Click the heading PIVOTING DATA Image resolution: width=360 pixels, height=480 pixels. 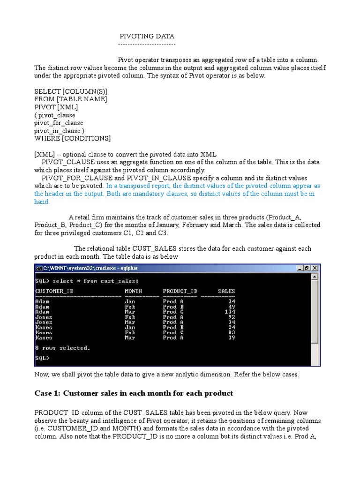tap(147, 36)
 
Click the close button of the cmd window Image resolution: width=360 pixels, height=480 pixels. tap(315, 268)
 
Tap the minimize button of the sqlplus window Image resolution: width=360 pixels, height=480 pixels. tap(300, 268)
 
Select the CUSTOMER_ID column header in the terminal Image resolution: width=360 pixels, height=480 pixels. tap(54, 291)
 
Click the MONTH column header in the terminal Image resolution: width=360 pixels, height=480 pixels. tap(133, 291)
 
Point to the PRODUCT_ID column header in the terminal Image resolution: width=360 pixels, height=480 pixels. tap(180, 291)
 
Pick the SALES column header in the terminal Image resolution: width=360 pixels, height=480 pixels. tap(226, 291)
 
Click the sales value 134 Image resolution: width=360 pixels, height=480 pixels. tap(230, 312)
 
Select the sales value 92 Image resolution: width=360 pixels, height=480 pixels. tap(232, 317)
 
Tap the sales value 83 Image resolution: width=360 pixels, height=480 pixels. tap(232, 332)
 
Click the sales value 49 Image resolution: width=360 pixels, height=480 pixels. tap(232, 307)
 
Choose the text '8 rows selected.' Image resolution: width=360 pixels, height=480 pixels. tap(62, 348)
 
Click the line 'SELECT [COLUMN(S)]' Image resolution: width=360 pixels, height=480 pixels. tap(71, 91)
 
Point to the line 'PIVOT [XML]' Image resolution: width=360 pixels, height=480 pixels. tap(56, 107)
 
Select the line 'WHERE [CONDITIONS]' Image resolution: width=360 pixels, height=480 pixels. tap(73, 139)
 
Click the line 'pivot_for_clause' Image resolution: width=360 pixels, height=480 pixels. tap(59, 123)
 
